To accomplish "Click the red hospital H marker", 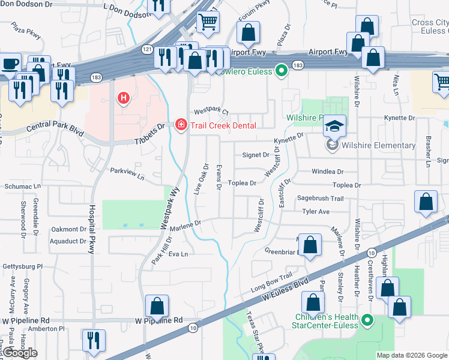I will click(x=124, y=97).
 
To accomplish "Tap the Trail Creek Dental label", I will click(x=223, y=125).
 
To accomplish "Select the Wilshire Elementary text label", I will click(x=378, y=145).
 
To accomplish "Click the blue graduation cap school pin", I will click(x=334, y=125).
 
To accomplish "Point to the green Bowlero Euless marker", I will click(x=280, y=72).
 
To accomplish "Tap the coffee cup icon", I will click(x=10, y=64).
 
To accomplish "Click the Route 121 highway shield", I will click(x=147, y=50).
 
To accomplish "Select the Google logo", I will click(x=20, y=353).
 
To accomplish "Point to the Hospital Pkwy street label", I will click(x=92, y=229).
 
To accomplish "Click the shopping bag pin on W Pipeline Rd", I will click(x=156, y=306).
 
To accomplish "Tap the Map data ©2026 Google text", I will click(x=412, y=355).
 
